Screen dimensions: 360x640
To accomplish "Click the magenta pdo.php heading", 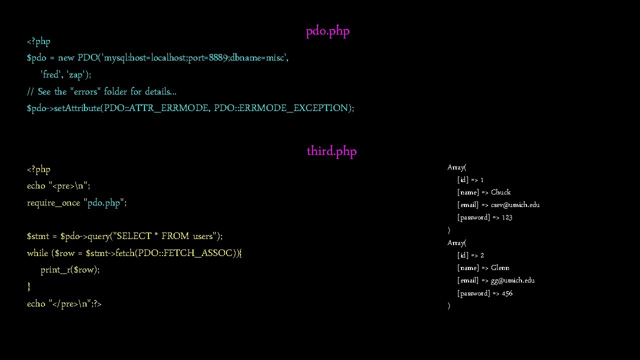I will click(327, 31).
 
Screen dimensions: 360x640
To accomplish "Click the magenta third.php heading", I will click(331, 151).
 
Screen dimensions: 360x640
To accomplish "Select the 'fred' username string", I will click(50, 74).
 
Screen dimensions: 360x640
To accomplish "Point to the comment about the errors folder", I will click(101, 91).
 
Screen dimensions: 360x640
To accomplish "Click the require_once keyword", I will click(53, 202).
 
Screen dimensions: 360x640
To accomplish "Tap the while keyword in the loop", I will click(37, 253).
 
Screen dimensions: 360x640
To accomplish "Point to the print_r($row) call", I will click(70, 270).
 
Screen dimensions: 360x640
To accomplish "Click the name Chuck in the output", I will click(500, 192).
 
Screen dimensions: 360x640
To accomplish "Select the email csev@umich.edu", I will click(515, 205).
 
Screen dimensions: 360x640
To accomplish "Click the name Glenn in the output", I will click(500, 268).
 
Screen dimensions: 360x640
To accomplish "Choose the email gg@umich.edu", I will click(512, 280).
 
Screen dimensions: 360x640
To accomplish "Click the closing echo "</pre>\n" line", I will click(64, 303).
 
